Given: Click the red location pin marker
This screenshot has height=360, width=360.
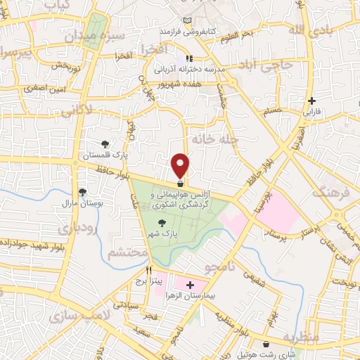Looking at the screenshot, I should (181, 166).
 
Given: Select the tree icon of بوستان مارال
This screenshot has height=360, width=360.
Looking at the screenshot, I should (83, 192).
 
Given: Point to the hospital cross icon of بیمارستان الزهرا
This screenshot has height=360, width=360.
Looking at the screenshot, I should (189, 285).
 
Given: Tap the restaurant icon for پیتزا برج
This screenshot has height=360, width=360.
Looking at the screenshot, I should (148, 269).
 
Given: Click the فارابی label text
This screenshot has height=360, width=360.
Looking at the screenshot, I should (311, 111).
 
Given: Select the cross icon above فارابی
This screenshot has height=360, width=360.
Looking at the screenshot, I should (311, 101).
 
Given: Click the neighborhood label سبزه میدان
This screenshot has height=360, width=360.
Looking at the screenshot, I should (101, 34).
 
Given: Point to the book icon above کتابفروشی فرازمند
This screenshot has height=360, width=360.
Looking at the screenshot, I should (186, 21).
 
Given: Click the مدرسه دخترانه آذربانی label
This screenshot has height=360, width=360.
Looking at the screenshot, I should (188, 70).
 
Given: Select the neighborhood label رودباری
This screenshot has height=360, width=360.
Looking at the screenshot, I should (77, 229).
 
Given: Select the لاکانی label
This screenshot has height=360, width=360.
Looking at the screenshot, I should (75, 110).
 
